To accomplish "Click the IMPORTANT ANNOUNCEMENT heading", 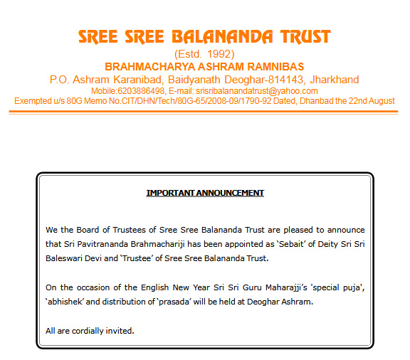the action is pyautogui.click(x=205, y=193).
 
